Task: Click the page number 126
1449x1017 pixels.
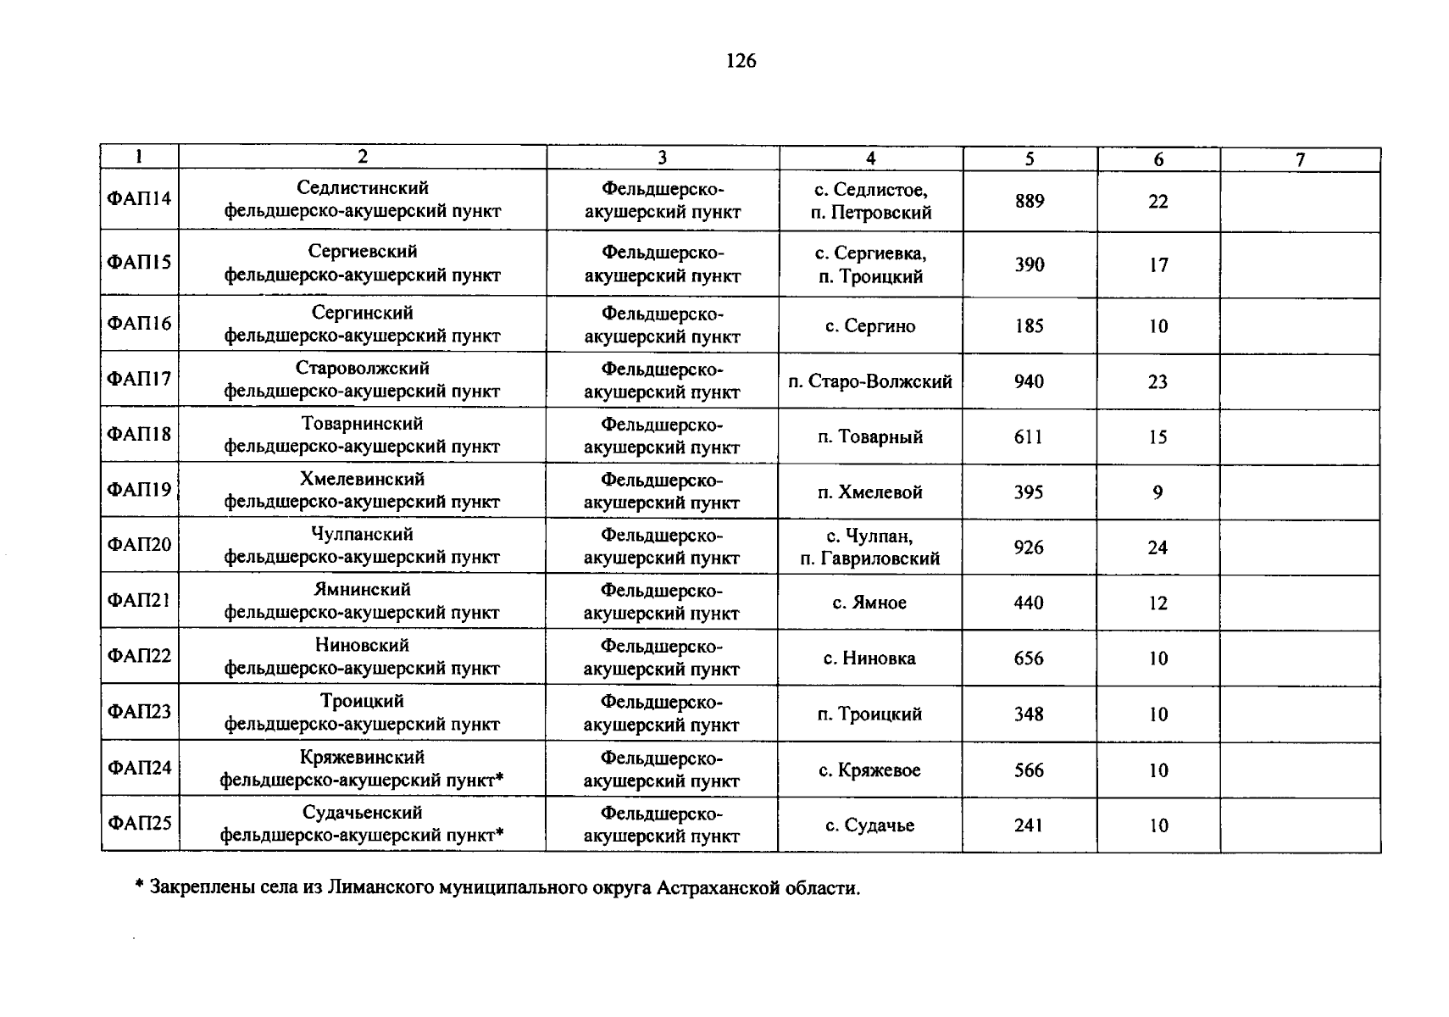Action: tap(741, 61)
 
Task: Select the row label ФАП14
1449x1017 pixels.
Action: tap(139, 198)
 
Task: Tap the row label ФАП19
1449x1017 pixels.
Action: tap(139, 489)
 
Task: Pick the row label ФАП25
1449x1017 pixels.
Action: tap(139, 822)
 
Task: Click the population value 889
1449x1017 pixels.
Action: tap(1030, 201)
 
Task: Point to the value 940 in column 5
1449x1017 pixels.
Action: tap(1029, 381)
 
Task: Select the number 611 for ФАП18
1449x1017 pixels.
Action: tap(1029, 437)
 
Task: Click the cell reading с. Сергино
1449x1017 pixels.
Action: tap(870, 326)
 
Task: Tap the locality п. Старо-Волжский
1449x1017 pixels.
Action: tap(870, 381)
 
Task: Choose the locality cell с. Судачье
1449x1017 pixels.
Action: tap(870, 825)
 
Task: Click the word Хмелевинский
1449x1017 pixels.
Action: tap(362, 479)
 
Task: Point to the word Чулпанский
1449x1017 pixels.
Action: tap(362, 534)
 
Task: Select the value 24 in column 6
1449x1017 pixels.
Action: tap(1158, 547)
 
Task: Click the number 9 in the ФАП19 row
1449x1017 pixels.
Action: tap(1158, 492)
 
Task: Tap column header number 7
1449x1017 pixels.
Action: tap(1300, 159)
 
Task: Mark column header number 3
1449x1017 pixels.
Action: tap(662, 158)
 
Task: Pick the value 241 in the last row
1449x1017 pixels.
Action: tap(1029, 825)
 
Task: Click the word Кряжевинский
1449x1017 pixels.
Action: tap(362, 757)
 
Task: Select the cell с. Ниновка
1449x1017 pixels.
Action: tap(869, 659)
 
